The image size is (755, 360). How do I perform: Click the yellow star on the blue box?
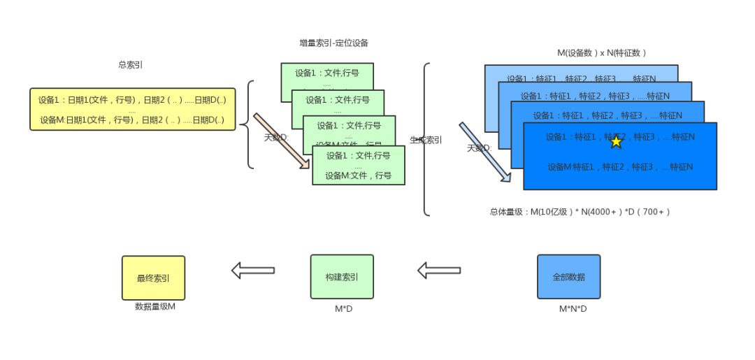[x=616, y=141]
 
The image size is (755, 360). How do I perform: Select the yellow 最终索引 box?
[x=153, y=278]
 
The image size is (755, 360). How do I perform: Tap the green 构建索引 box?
[x=342, y=277]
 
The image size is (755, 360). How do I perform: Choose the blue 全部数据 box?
[x=568, y=277]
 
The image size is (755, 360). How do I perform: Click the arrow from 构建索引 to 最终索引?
[x=252, y=271]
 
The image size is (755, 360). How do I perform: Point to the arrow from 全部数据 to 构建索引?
[x=439, y=271]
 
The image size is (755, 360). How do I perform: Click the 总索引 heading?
[x=131, y=65]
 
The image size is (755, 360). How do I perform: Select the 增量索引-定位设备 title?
[x=333, y=43]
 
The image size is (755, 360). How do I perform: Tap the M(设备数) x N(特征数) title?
[x=601, y=53]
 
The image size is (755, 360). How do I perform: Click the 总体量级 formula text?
[x=580, y=211]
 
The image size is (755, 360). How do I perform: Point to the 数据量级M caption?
[x=154, y=306]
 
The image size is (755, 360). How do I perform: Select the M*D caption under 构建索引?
[x=343, y=308]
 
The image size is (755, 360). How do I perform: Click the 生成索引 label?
[x=426, y=140]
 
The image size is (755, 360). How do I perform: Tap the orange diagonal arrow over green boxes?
[x=281, y=141]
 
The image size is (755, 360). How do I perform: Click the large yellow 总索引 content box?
[x=132, y=109]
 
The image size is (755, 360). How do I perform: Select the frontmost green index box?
[x=358, y=166]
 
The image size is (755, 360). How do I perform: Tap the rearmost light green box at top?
[x=326, y=73]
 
